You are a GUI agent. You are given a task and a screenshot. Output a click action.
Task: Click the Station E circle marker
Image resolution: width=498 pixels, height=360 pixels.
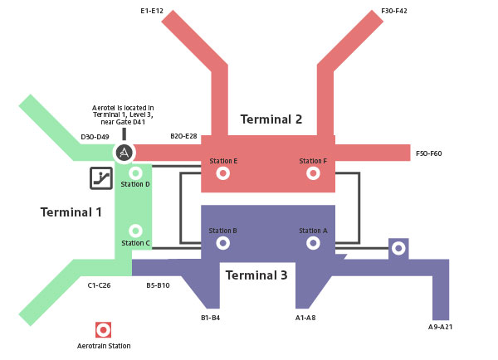222,173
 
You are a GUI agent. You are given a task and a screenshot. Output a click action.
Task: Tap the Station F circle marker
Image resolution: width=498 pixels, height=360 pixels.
313,173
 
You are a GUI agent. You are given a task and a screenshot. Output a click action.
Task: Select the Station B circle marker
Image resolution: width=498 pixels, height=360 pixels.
222,243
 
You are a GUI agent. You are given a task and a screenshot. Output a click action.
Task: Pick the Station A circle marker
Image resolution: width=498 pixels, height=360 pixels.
313,243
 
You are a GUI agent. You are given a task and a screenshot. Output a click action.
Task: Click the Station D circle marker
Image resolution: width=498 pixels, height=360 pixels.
135,173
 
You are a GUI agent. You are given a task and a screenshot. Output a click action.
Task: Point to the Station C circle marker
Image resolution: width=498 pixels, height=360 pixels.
135,231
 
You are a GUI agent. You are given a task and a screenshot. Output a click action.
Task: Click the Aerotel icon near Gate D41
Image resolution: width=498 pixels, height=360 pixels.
124,153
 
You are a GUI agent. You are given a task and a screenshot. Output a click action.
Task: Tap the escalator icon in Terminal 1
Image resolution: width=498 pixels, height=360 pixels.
101,178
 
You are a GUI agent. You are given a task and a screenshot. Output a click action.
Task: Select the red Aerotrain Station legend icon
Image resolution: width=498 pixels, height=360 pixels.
104,329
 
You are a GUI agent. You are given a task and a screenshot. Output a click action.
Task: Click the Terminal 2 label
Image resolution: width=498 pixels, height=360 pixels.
271,119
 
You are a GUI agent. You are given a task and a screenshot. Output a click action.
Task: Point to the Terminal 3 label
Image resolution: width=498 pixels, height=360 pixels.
256,275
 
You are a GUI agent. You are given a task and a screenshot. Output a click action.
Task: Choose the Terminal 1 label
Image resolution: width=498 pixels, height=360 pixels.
71,212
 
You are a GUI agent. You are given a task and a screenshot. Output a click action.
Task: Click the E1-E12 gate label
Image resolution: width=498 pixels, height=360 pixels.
152,11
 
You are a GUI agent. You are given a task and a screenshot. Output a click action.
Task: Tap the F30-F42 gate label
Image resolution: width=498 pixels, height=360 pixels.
393,11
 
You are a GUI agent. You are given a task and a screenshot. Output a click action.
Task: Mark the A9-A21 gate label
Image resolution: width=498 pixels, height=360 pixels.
442,328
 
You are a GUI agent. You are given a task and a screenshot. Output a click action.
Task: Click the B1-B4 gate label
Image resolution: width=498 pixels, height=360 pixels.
210,318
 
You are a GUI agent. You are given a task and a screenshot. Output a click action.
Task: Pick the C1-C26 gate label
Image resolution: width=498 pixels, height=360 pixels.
100,285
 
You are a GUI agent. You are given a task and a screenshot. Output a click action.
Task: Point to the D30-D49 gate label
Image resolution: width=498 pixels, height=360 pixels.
95,137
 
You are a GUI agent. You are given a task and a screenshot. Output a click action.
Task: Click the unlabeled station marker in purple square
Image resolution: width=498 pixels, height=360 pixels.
398,248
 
